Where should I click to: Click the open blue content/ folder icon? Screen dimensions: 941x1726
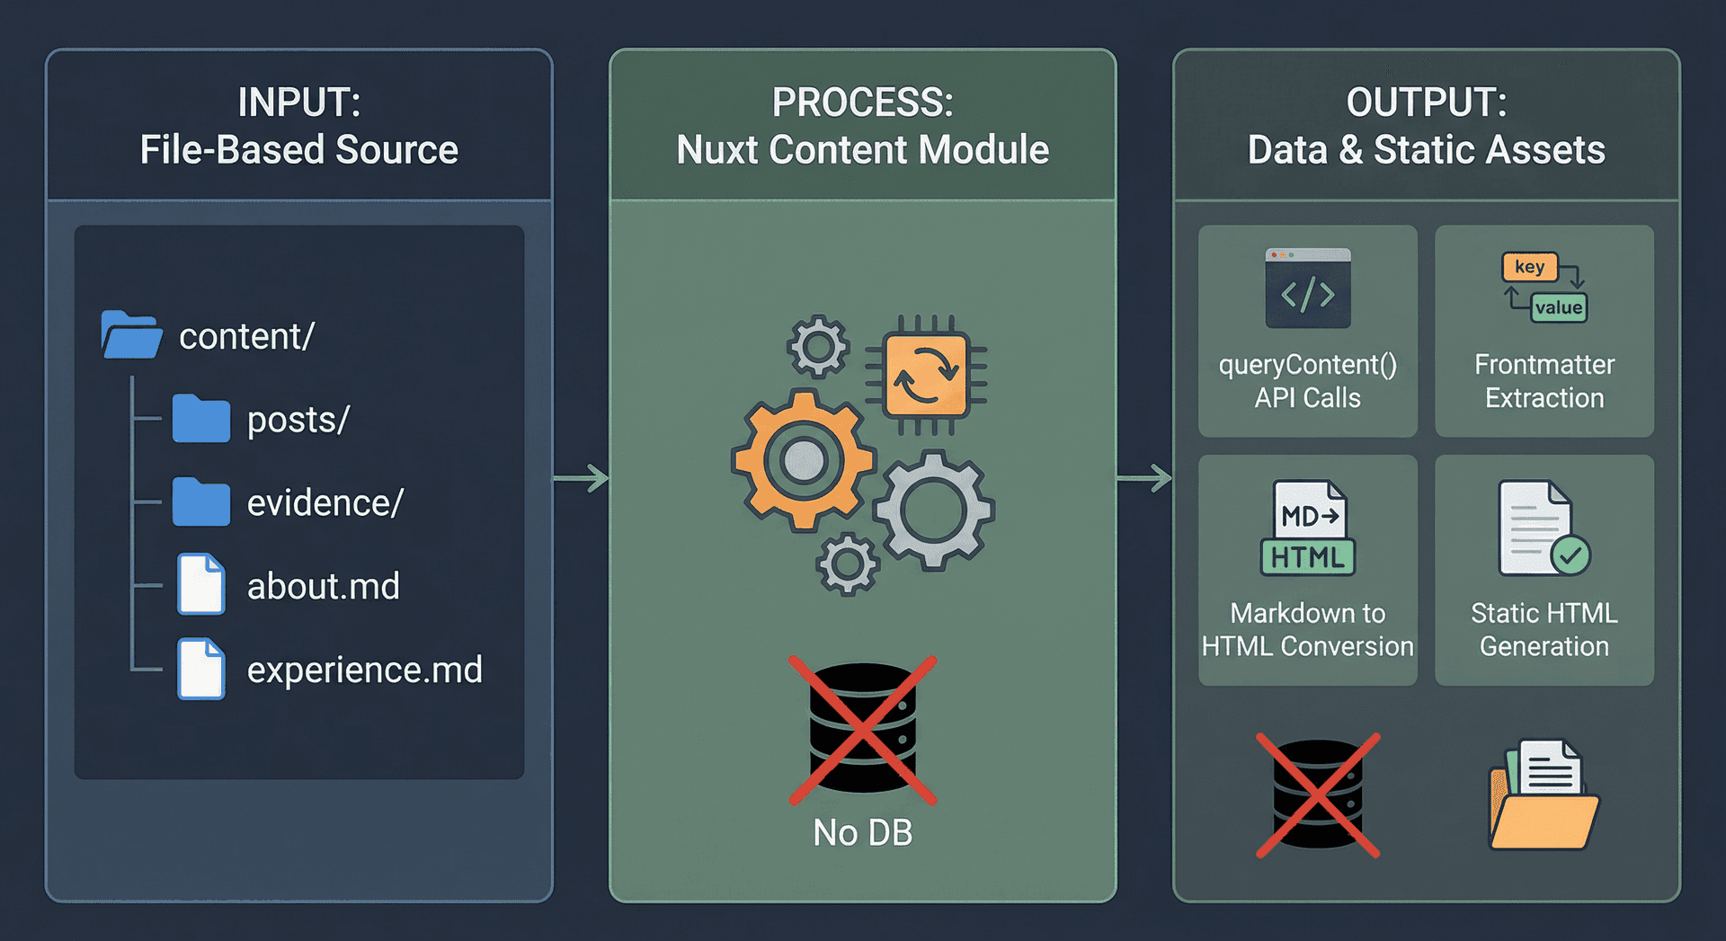click(x=131, y=335)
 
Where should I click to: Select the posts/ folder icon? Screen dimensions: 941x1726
click(x=201, y=419)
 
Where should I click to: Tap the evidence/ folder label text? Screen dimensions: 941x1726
click(x=325, y=503)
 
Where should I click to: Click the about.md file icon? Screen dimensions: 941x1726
click(x=200, y=585)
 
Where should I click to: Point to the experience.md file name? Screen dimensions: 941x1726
click(x=364, y=670)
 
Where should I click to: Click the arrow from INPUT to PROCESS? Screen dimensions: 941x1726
click(x=582, y=478)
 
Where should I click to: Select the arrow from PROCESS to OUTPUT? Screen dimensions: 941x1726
click(x=1144, y=478)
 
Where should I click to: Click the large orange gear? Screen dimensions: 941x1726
click(x=803, y=460)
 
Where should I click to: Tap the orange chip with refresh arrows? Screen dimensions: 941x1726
click(x=926, y=376)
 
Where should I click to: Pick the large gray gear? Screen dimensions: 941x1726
click(x=934, y=510)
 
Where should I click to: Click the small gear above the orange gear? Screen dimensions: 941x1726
click(x=818, y=346)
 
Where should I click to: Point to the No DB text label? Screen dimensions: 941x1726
click(x=862, y=833)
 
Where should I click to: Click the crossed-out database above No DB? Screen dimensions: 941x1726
click(x=862, y=729)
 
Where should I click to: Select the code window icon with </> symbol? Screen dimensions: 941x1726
click(x=1307, y=289)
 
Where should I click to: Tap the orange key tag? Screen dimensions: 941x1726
click(x=1529, y=267)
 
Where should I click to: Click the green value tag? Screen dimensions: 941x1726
click(x=1559, y=307)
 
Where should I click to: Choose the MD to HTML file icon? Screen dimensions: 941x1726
click(x=1308, y=528)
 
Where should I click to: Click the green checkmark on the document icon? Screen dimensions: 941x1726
click(x=1570, y=555)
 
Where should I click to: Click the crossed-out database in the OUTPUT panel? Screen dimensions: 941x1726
click(x=1318, y=795)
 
